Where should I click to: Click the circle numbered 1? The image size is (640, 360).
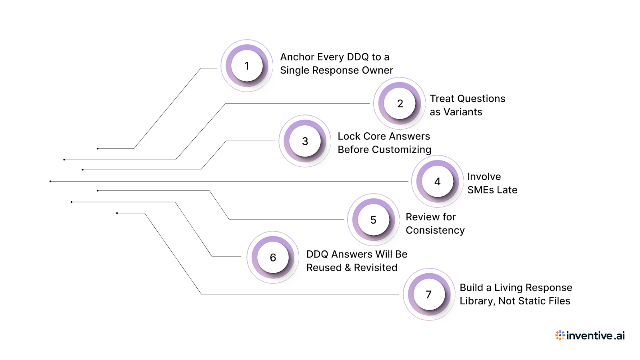click(247, 66)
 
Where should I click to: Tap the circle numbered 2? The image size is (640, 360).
click(400, 104)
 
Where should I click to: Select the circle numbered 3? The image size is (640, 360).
click(305, 141)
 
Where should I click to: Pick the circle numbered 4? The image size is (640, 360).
click(438, 182)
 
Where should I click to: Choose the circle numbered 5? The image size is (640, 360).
click(373, 220)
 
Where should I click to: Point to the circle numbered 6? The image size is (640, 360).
click(273, 258)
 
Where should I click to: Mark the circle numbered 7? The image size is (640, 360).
click(429, 294)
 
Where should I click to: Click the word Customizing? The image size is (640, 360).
click(401, 150)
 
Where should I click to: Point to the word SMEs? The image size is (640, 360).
click(481, 190)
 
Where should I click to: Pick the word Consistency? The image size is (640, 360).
click(435, 230)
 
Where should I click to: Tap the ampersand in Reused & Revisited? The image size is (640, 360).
click(347, 268)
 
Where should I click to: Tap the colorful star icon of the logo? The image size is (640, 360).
click(560, 335)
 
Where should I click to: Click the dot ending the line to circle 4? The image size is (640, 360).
click(50, 181)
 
